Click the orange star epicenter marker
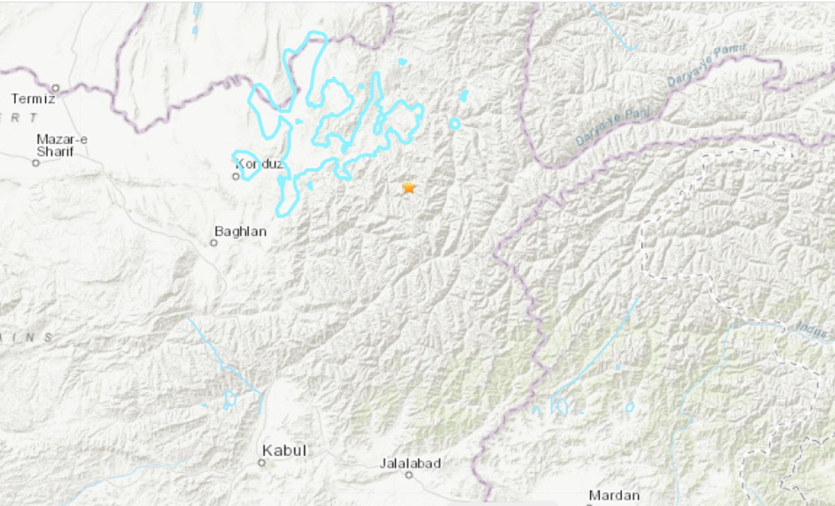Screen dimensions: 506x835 click(x=408, y=188)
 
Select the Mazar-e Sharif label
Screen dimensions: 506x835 click(x=62, y=145)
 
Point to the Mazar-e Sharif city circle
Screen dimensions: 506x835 click(x=35, y=163)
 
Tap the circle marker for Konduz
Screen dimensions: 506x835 click(x=236, y=176)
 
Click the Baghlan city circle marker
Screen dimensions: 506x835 click(x=214, y=242)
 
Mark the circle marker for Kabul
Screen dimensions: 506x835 click(x=262, y=462)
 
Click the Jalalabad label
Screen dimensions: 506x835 click(x=411, y=463)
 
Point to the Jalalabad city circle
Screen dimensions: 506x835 click(x=410, y=475)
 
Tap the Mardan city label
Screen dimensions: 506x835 click(x=614, y=496)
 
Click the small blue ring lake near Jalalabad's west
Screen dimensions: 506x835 click(x=229, y=400)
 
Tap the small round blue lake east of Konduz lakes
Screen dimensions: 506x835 click(x=454, y=124)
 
